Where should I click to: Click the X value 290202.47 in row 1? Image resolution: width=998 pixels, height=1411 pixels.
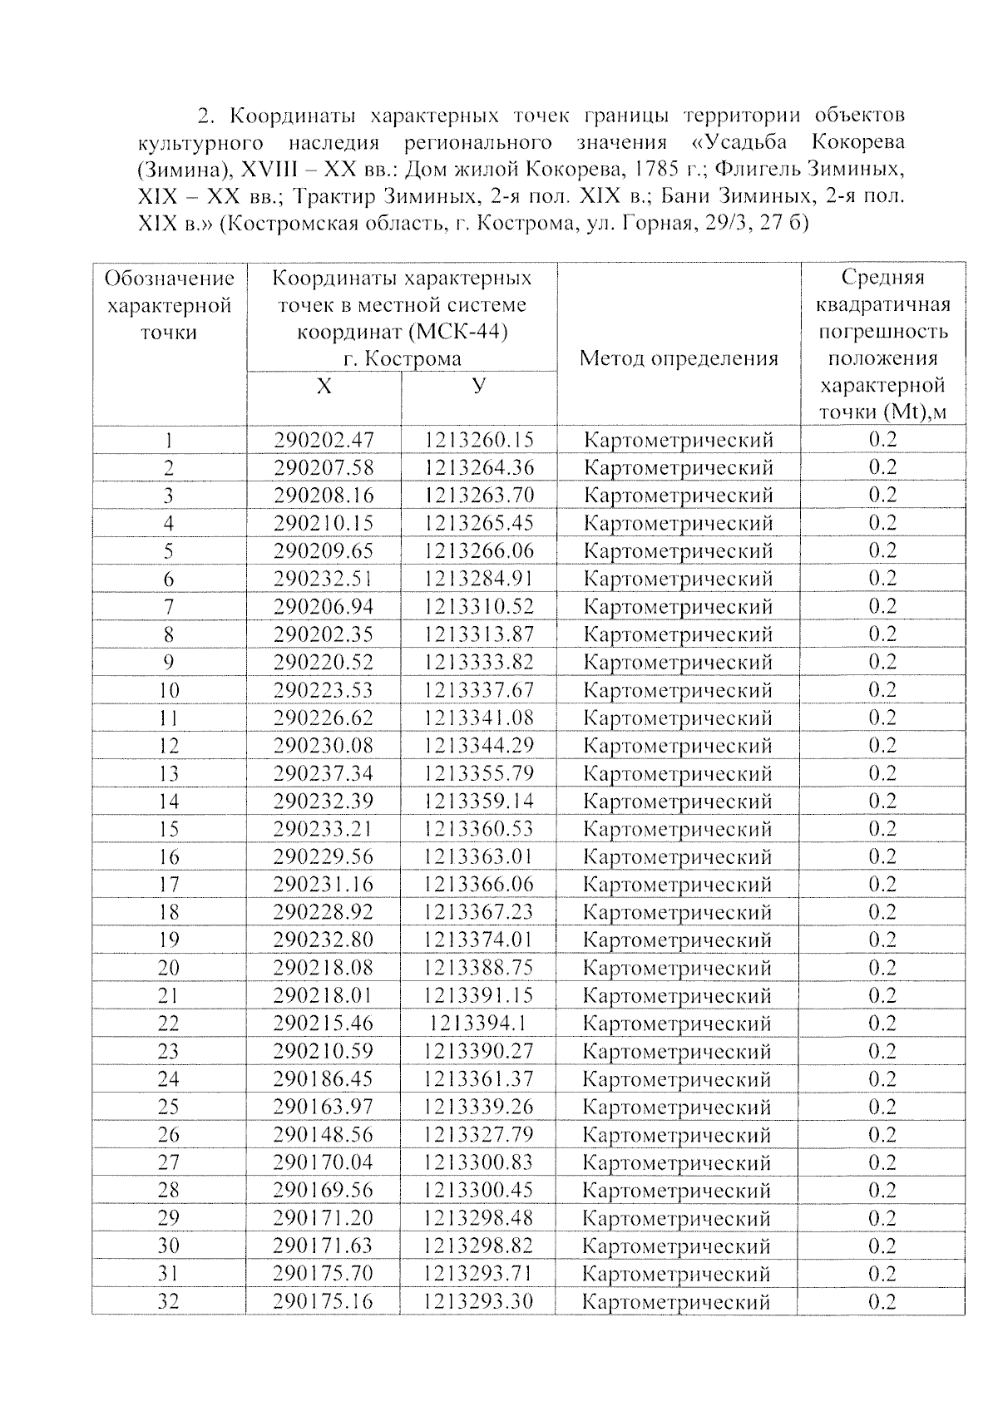[x=324, y=440]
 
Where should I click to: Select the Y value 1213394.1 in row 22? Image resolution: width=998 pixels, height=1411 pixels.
[x=478, y=1024]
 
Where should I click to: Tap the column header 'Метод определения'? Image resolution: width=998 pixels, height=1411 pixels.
[x=679, y=358]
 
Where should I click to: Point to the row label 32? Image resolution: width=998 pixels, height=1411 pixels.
[x=169, y=1301]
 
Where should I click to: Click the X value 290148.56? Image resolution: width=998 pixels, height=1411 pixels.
[x=324, y=1135]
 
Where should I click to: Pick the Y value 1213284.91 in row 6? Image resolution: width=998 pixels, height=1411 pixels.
[x=478, y=579]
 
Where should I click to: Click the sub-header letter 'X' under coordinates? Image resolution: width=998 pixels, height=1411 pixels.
[x=324, y=387]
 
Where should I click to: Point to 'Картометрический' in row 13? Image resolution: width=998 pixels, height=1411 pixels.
[x=678, y=773]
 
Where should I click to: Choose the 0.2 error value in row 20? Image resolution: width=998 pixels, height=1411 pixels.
[x=882, y=967]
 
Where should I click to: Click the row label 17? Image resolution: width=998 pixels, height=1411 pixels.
[x=169, y=885]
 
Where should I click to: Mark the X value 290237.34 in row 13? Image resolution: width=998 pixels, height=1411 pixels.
[x=324, y=773]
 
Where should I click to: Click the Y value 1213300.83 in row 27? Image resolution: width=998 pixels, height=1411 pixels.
[x=478, y=1162]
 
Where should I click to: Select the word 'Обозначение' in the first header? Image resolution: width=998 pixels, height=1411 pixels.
[x=170, y=279]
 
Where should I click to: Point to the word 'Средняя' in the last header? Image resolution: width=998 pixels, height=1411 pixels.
[x=882, y=277]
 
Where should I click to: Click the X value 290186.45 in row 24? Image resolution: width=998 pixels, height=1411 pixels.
[x=324, y=1079]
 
